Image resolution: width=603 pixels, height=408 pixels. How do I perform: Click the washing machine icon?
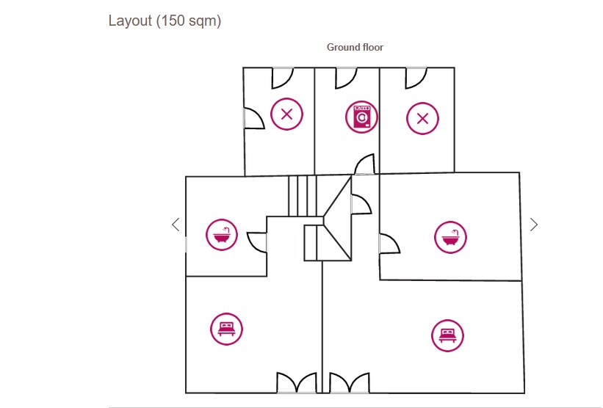click(x=361, y=116)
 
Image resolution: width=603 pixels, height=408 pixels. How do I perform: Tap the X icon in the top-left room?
click(x=286, y=114)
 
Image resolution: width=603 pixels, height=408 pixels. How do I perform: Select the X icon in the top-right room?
click(x=422, y=117)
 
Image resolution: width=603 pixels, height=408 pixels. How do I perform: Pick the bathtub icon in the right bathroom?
click(x=450, y=237)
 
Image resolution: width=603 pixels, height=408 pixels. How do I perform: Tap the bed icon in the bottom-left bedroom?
click(x=225, y=327)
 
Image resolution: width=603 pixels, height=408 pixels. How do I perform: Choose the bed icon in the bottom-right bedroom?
click(x=447, y=335)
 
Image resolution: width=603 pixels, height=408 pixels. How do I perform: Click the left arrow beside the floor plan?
click(x=175, y=225)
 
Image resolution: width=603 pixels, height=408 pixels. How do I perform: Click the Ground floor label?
click(x=355, y=47)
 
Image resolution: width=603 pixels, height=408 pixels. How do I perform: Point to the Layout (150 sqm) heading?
click(x=165, y=21)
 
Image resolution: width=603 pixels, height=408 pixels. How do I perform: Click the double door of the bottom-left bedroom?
click(x=297, y=383)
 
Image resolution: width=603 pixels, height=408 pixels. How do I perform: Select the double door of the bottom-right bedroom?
click(x=349, y=383)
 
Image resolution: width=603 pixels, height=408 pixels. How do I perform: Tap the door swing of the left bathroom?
click(x=257, y=241)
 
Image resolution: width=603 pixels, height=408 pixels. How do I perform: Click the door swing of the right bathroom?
click(x=389, y=243)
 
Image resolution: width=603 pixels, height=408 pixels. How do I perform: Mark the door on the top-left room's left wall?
click(x=253, y=117)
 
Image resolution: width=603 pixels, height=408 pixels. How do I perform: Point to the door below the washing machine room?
click(x=365, y=166)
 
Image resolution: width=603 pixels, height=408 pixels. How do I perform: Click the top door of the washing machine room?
click(x=346, y=76)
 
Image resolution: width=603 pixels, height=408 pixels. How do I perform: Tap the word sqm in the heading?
click(x=203, y=21)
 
